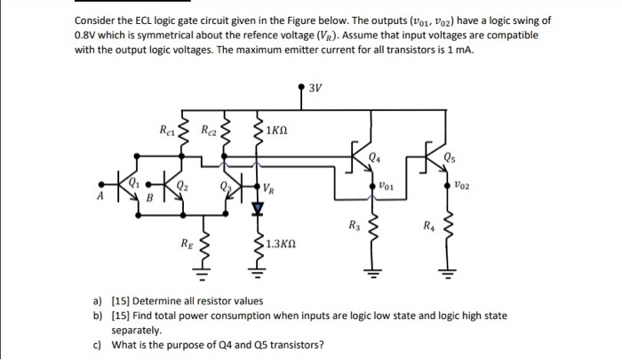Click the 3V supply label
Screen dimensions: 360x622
[x=317, y=87]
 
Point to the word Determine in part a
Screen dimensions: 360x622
[x=162, y=301]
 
